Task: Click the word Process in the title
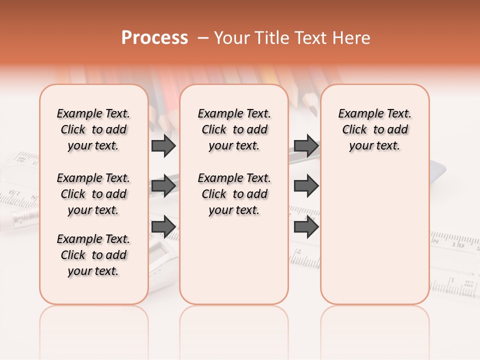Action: [x=154, y=38]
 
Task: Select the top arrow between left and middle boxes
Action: [x=163, y=145]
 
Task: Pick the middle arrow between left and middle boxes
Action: [x=163, y=186]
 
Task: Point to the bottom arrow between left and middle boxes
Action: [x=163, y=226]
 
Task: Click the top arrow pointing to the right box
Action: [x=306, y=145]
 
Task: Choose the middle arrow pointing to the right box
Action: [x=306, y=186]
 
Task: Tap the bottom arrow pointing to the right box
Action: [x=306, y=226]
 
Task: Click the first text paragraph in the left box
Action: [x=93, y=129]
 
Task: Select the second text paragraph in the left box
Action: [x=93, y=194]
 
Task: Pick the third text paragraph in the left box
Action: [x=93, y=255]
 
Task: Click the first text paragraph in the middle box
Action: [x=234, y=129]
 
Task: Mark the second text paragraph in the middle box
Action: [x=234, y=194]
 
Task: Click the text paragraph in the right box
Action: [x=375, y=129]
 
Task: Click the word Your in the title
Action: [x=231, y=38]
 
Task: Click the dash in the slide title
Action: [x=203, y=38]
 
